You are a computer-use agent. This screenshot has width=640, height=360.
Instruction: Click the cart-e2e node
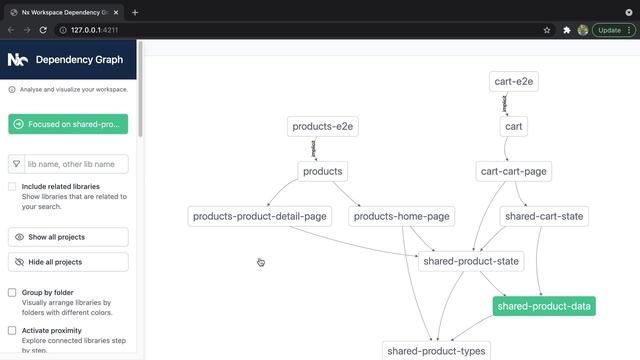pyautogui.click(x=515, y=81)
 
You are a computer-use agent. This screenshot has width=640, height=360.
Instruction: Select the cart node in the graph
pyautogui.click(x=513, y=127)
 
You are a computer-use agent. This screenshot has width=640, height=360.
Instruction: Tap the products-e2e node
pyautogui.click(x=323, y=127)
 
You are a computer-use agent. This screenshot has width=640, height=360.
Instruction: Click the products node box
pyautogui.click(x=322, y=172)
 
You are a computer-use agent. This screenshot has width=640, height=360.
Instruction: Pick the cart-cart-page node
pyautogui.click(x=513, y=172)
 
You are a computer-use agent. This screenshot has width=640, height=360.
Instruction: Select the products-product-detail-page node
pyautogui.click(x=260, y=216)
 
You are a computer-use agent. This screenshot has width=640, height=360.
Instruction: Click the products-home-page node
pyautogui.click(x=402, y=216)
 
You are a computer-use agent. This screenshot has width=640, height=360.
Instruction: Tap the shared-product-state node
pyautogui.click(x=471, y=262)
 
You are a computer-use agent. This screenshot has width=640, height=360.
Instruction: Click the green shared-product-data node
pyautogui.click(x=544, y=307)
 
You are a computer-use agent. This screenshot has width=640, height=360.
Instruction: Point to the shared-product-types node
pyautogui.click(x=436, y=351)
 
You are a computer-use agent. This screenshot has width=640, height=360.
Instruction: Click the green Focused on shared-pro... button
pyautogui.click(x=68, y=124)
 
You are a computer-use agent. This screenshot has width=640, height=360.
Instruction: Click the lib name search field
pyautogui.click(x=76, y=164)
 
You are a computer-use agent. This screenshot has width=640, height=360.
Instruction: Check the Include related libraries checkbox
pyautogui.click(x=12, y=186)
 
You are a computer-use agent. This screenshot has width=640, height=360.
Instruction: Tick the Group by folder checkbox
pyautogui.click(x=12, y=293)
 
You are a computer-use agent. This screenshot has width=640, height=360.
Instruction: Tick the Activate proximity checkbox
pyautogui.click(x=12, y=330)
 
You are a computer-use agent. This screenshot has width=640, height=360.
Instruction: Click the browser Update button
pyautogui.click(x=609, y=30)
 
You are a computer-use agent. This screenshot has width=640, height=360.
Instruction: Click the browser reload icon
pyautogui.click(x=43, y=30)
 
